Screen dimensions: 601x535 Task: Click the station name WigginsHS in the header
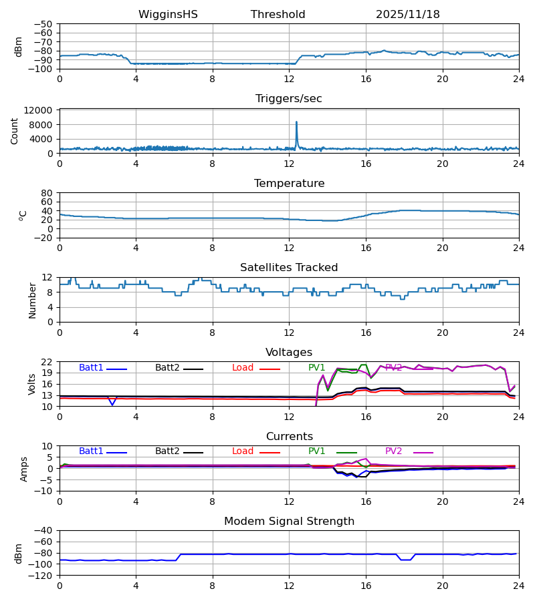168,15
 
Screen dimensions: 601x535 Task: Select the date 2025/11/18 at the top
407,15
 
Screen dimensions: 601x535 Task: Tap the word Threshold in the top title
278,15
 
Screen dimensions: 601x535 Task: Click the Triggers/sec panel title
288,99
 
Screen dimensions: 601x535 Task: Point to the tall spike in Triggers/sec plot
296,123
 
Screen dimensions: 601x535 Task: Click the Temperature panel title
289,184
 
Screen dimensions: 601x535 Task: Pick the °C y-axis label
23,215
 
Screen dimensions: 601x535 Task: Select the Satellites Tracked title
289,268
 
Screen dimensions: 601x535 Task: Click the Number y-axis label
33,300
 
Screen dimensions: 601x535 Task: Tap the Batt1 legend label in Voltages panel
91,368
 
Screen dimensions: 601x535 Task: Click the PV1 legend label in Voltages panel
316,368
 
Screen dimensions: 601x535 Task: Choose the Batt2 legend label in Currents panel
167,451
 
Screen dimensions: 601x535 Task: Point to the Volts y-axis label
33,384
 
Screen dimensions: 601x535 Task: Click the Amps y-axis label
25,468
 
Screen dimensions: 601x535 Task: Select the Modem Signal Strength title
289,522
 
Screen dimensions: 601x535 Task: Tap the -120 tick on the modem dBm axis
41,576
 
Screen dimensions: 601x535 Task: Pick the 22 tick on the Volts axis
47,362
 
